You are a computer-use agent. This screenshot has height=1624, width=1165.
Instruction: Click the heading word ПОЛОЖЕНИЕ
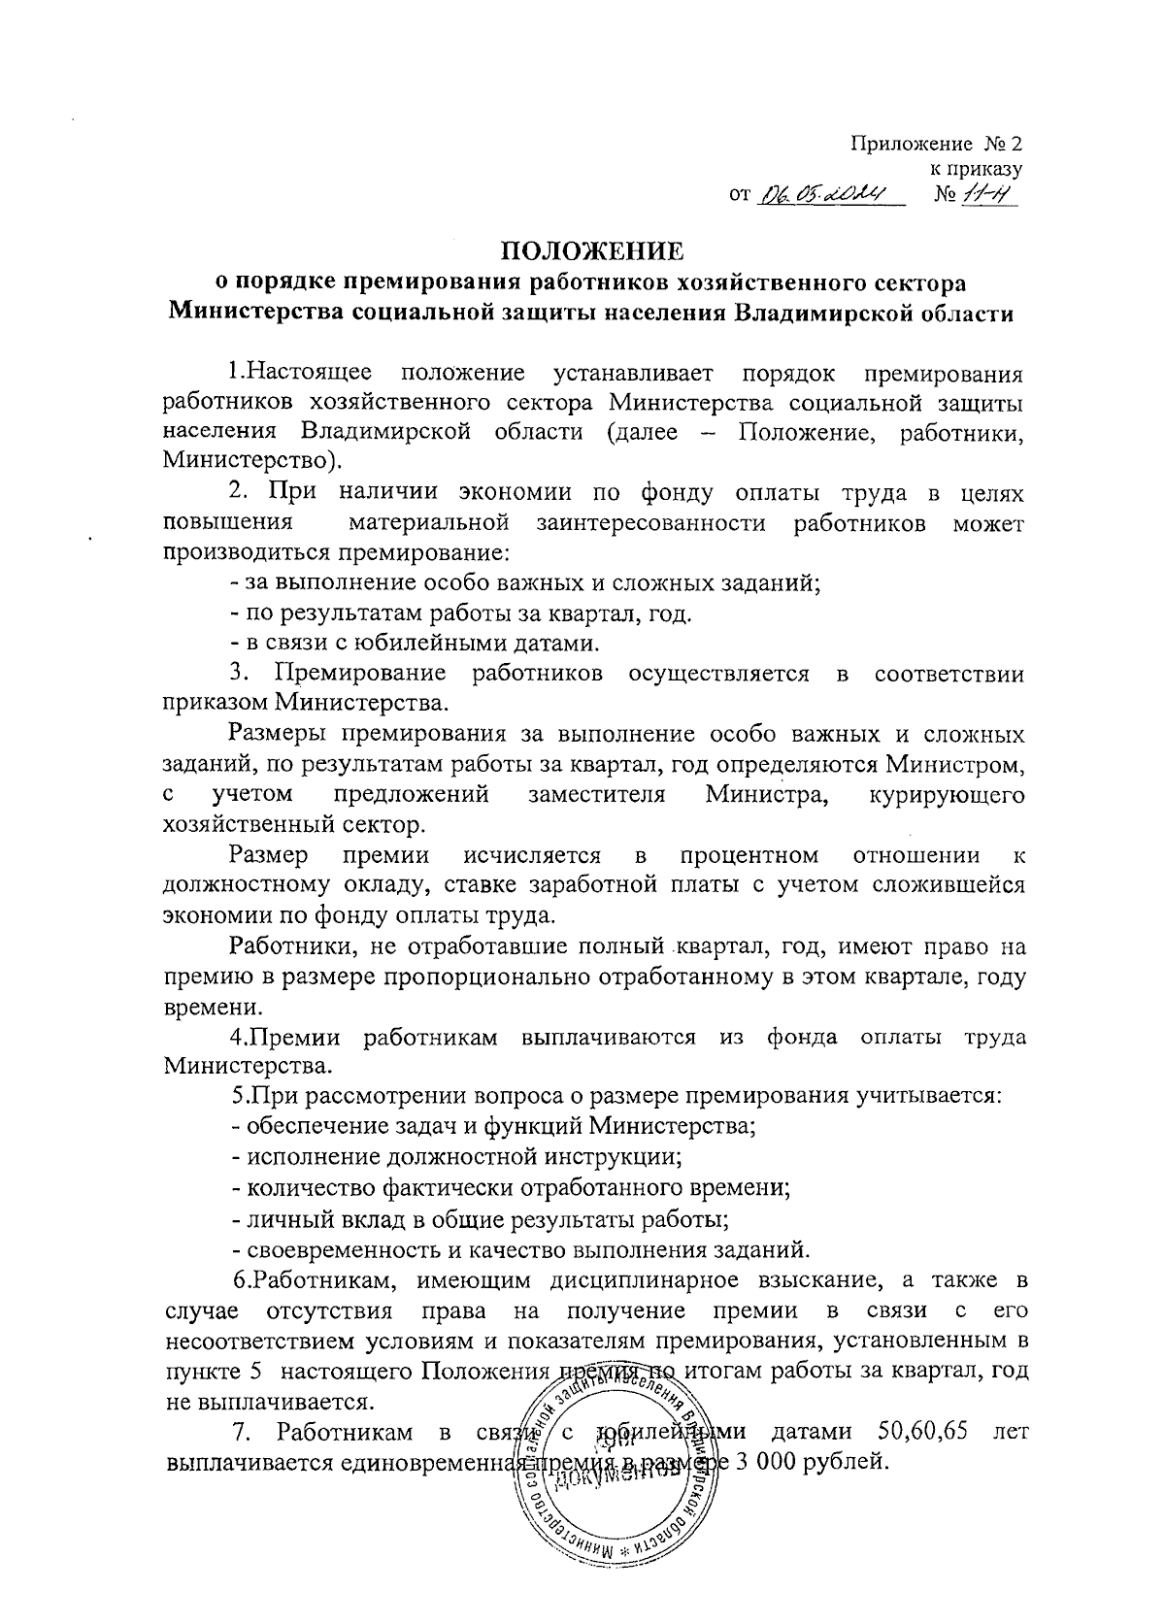coord(592,251)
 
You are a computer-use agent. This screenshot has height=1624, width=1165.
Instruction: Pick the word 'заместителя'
coord(596,795)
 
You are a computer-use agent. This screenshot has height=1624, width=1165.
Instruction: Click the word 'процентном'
coord(749,855)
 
